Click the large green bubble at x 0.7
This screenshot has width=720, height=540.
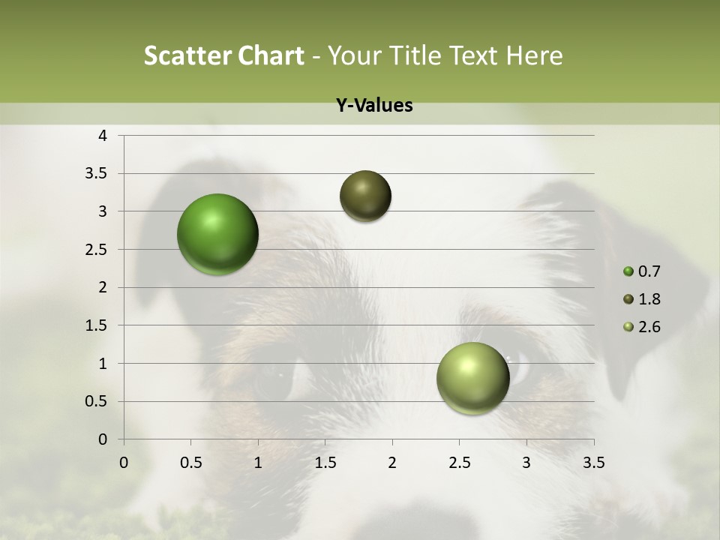coord(217,234)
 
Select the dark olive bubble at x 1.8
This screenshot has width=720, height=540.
coord(365,196)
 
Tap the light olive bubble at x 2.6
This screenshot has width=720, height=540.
coord(472,378)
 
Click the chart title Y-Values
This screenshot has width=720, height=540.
coord(373,106)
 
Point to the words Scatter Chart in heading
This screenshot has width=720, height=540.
coord(223,55)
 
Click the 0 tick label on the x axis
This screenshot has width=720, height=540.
coord(124,463)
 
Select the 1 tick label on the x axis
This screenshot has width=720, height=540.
coord(258,463)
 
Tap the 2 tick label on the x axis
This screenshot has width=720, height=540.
coord(392,463)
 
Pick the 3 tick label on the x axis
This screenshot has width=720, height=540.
coord(526,463)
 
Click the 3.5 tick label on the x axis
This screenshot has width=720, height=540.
coord(593,463)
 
